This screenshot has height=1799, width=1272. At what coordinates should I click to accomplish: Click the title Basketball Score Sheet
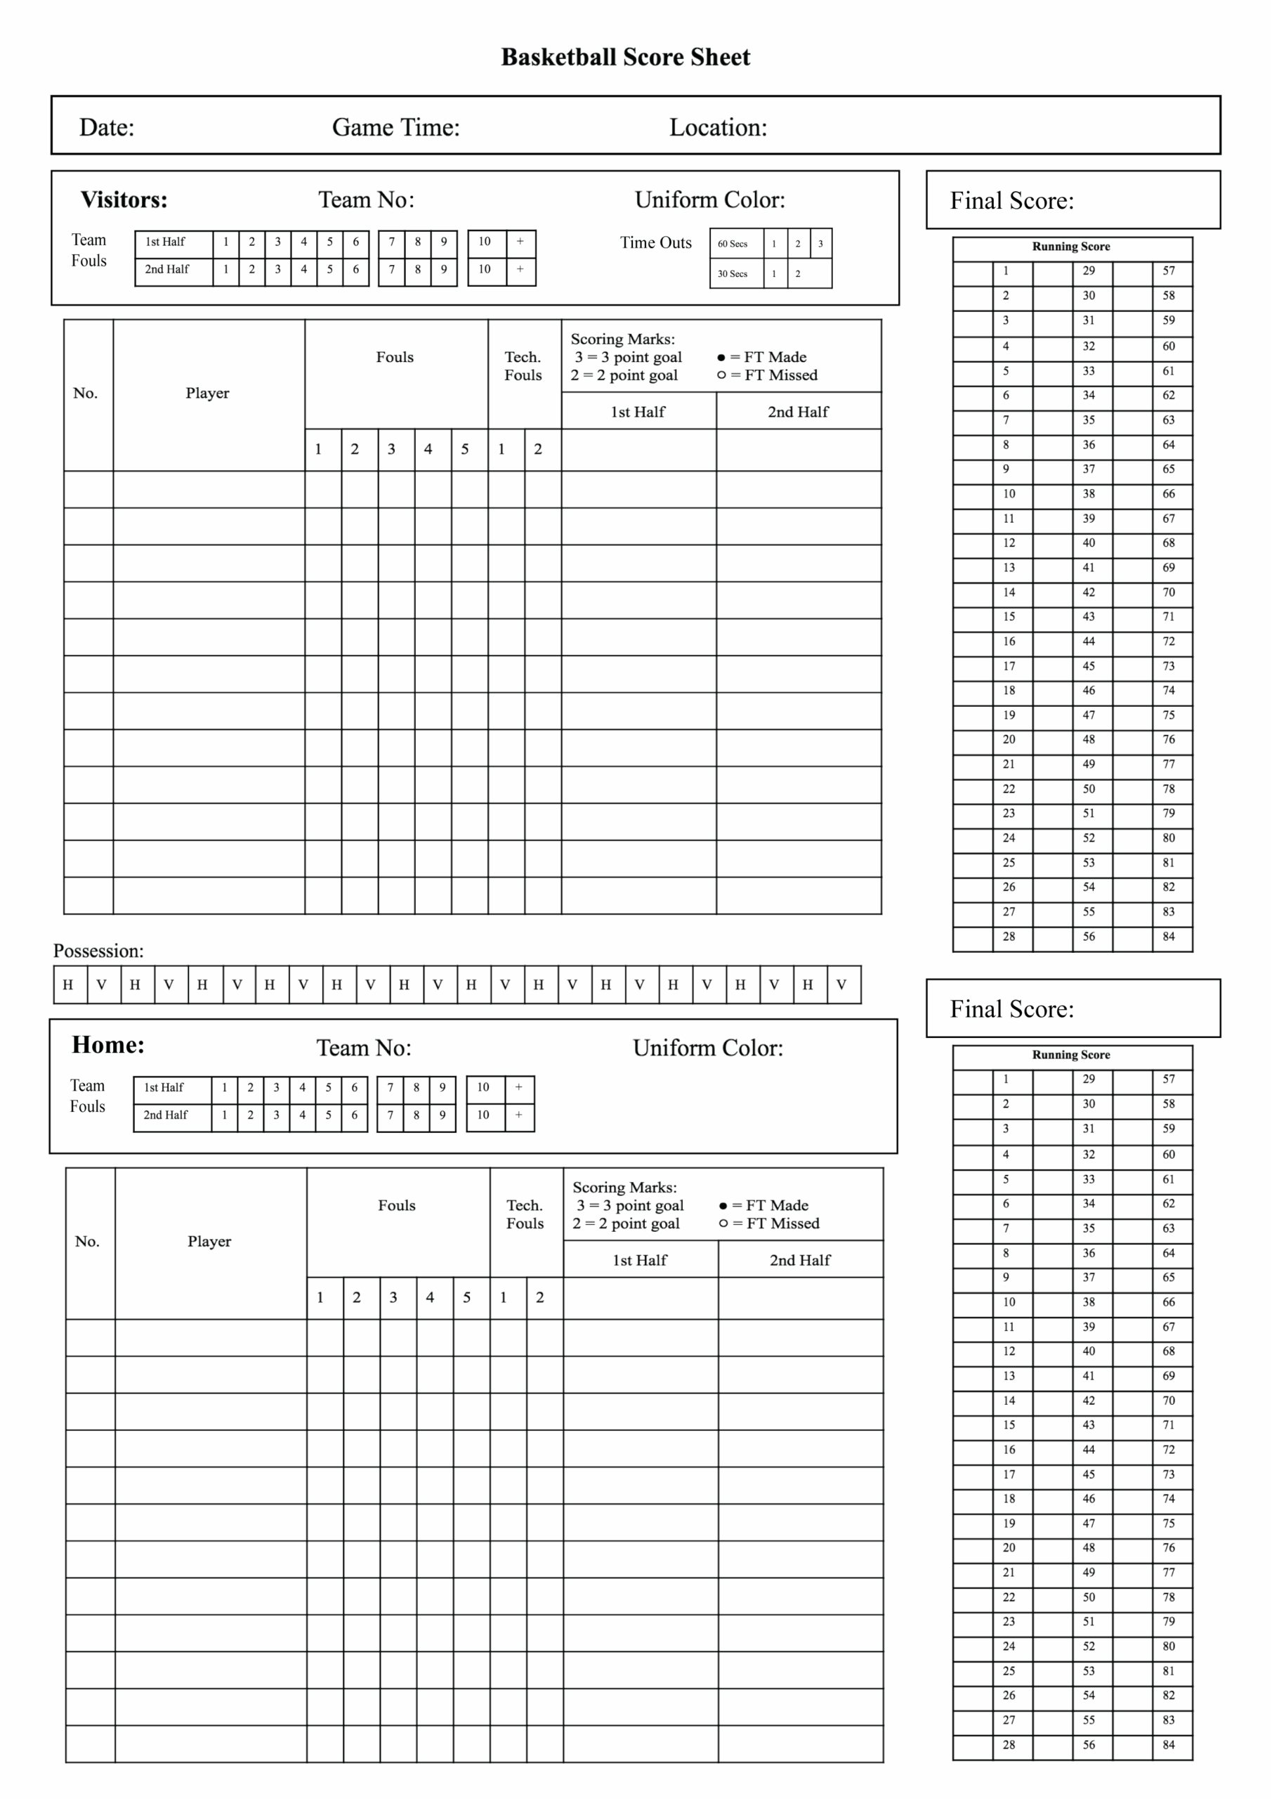(625, 57)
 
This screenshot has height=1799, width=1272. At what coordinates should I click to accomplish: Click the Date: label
(107, 128)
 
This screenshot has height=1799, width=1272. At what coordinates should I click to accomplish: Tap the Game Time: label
(395, 128)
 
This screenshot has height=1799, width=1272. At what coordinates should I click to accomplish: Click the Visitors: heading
(124, 200)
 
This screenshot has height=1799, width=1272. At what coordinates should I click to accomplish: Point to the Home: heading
(108, 1044)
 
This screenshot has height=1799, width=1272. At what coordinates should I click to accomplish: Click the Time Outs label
(655, 243)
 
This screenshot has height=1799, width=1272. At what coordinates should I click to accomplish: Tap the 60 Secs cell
(733, 244)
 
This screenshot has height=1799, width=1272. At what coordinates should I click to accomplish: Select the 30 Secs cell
(733, 273)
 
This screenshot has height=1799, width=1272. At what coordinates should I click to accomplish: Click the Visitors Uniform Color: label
(709, 200)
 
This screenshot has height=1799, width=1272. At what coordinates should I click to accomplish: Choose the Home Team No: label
(363, 1048)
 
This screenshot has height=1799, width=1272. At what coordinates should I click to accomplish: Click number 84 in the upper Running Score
(1168, 936)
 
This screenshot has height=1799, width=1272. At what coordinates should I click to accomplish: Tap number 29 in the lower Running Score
(1088, 1079)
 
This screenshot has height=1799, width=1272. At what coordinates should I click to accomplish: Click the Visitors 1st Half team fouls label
(165, 241)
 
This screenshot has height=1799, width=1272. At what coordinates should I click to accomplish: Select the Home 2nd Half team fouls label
(165, 1115)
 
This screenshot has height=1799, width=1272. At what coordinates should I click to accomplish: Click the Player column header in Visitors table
(208, 394)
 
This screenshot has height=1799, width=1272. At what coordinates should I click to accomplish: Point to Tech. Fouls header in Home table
(524, 1214)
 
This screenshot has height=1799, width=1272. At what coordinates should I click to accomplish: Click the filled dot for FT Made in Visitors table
(721, 357)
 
